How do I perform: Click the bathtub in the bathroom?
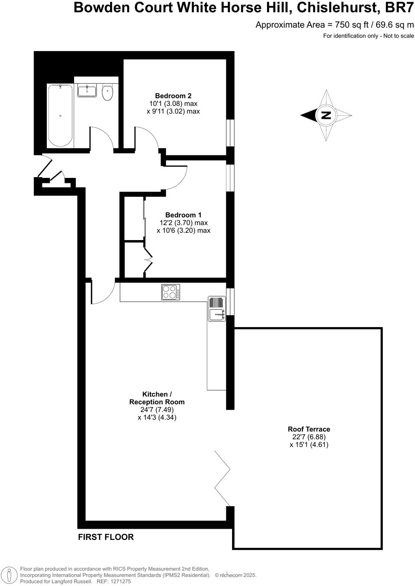tap(60, 115)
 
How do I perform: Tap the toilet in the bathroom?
tap(108, 92)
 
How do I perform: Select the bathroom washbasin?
tap(87, 91)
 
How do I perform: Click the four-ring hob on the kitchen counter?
tap(171, 292)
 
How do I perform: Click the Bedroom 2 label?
tap(173, 96)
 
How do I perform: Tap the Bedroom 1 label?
tap(183, 215)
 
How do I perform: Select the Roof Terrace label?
tap(309, 429)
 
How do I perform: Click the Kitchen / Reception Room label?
tap(157, 398)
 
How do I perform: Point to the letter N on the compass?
tap(326, 115)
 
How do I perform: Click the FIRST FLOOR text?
tap(106, 537)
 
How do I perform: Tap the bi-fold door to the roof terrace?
tap(223, 478)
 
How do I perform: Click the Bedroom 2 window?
tap(230, 133)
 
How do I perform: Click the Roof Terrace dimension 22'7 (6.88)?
tap(309, 437)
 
